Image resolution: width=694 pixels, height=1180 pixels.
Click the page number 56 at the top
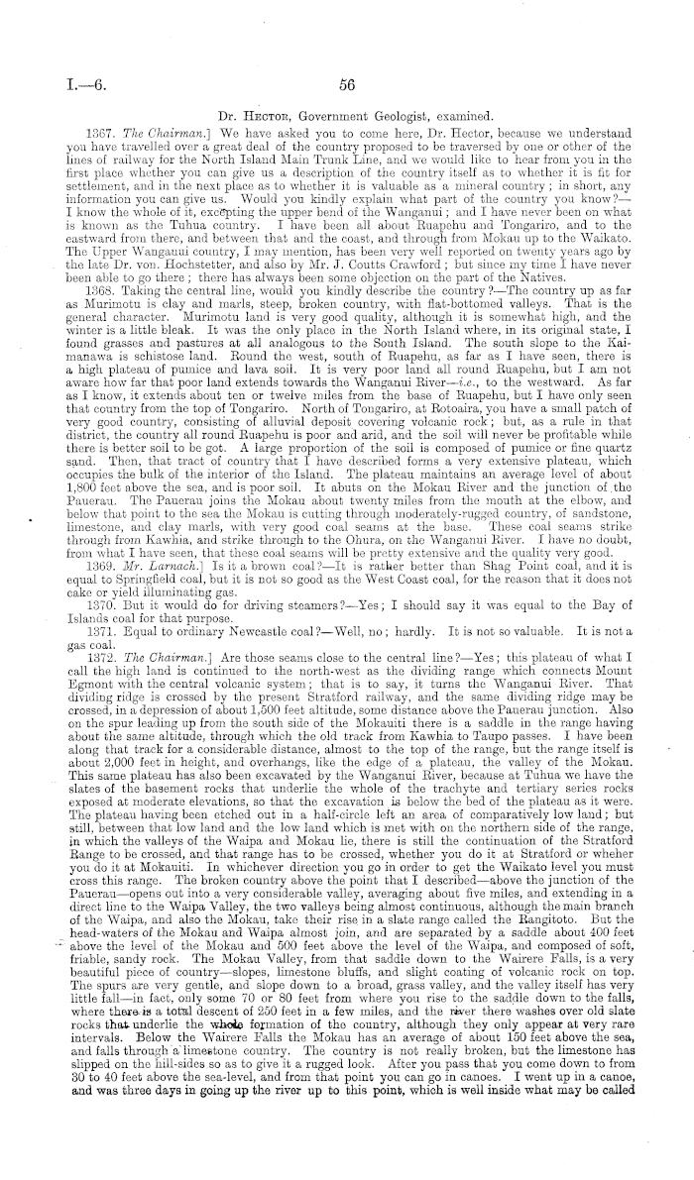345,85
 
